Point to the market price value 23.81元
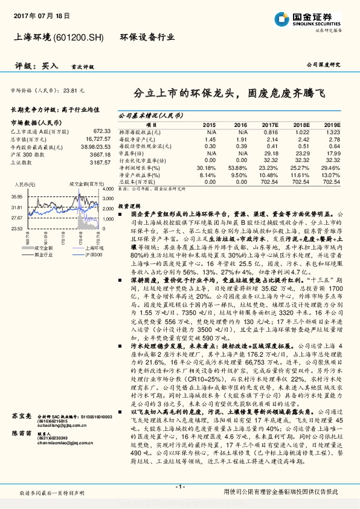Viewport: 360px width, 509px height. point(78,89)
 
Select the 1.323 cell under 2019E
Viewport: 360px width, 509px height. point(333,131)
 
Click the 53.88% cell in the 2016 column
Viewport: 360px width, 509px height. point(237,167)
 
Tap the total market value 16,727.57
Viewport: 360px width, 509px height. point(94,138)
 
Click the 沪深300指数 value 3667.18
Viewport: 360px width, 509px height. point(97,154)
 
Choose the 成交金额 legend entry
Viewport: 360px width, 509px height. point(44,247)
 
